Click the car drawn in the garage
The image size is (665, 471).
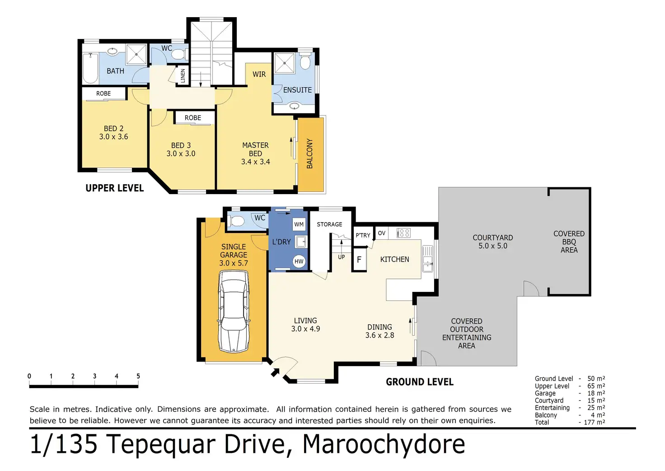(234, 312)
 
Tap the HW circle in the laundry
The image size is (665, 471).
(299, 262)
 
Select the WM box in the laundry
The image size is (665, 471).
(299, 224)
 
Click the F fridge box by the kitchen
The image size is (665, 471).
(359, 260)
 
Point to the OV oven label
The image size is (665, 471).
(381, 233)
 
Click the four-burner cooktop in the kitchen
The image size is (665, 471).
(404, 233)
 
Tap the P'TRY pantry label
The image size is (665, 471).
(363, 235)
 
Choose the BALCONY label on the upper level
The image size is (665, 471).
(309, 153)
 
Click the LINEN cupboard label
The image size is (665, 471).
(183, 76)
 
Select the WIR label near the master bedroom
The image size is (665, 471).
(259, 74)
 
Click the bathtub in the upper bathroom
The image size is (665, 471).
(90, 68)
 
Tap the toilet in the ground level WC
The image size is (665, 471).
(237, 221)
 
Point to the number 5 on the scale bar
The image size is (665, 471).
(138, 376)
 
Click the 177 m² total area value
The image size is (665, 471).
(595, 422)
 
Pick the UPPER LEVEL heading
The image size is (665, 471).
(115, 188)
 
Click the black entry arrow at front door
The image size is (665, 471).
(275, 372)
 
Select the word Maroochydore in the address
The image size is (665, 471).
(384, 444)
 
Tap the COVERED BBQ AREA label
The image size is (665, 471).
(569, 242)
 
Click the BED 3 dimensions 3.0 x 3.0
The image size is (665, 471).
(181, 154)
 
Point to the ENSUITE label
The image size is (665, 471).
(297, 90)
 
